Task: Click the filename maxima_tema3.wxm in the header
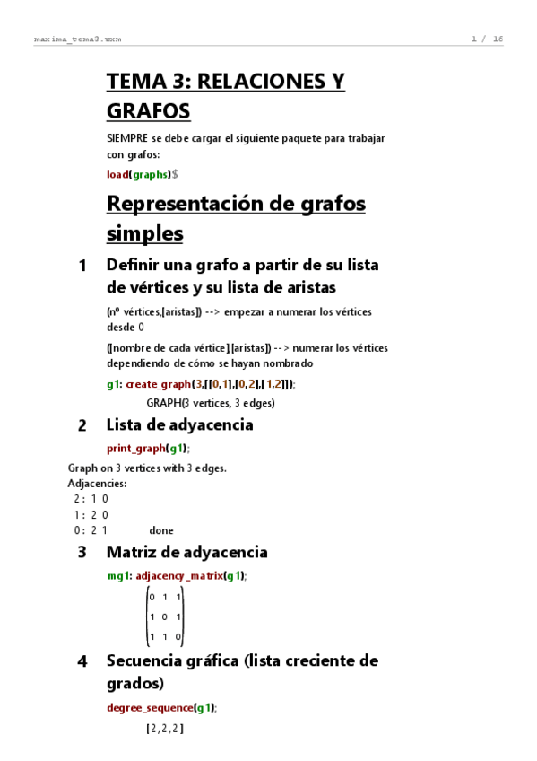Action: point(77,39)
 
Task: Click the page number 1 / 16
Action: point(487,39)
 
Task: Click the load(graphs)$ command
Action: point(142,174)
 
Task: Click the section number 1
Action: point(82,266)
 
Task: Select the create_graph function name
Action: point(158,384)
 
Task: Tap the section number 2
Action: point(82,425)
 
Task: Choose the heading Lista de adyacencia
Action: point(179,424)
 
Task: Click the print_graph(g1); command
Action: point(148,449)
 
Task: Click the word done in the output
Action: point(161,530)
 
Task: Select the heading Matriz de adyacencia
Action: point(186,552)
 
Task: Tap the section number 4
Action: point(82,661)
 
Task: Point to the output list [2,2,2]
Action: point(164,730)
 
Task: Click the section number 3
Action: point(82,553)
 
